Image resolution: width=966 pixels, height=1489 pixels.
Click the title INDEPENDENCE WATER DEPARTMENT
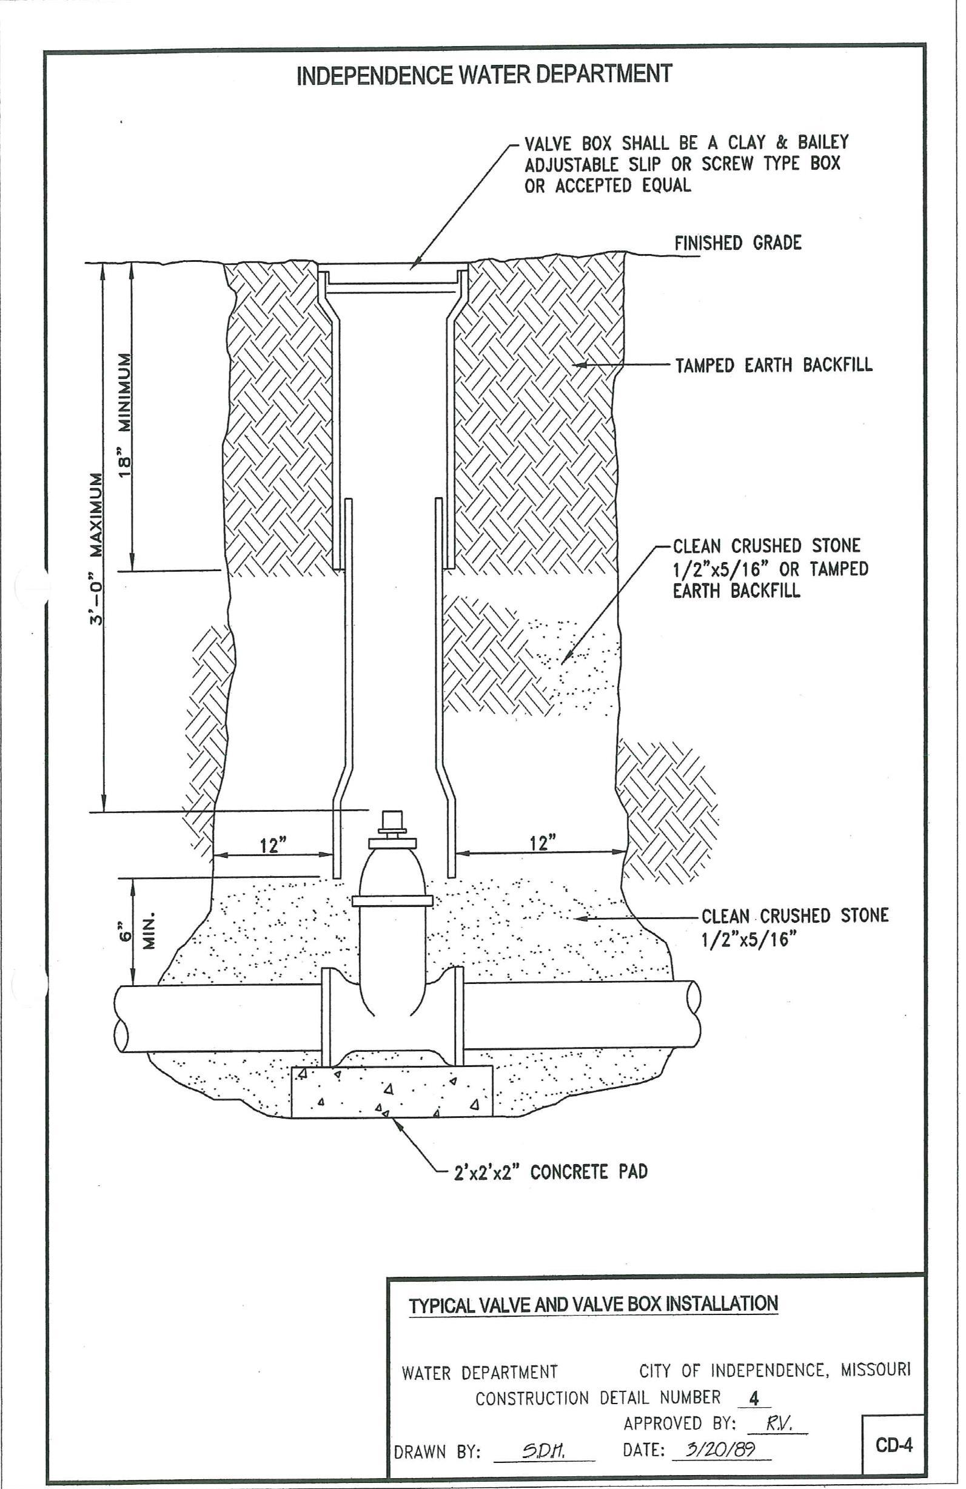484,75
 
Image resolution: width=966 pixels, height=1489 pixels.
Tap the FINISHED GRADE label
737,243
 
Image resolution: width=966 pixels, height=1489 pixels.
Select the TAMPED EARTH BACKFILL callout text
773,365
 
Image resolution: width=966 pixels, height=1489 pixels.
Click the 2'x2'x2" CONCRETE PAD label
551,1172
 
